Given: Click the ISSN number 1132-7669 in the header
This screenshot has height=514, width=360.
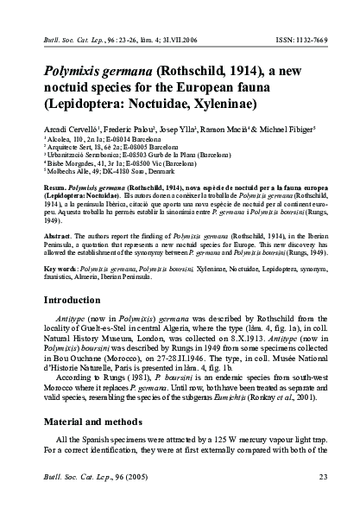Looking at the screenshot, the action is click(x=311, y=39).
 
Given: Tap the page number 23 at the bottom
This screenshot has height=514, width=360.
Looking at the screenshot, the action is click(x=323, y=474).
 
